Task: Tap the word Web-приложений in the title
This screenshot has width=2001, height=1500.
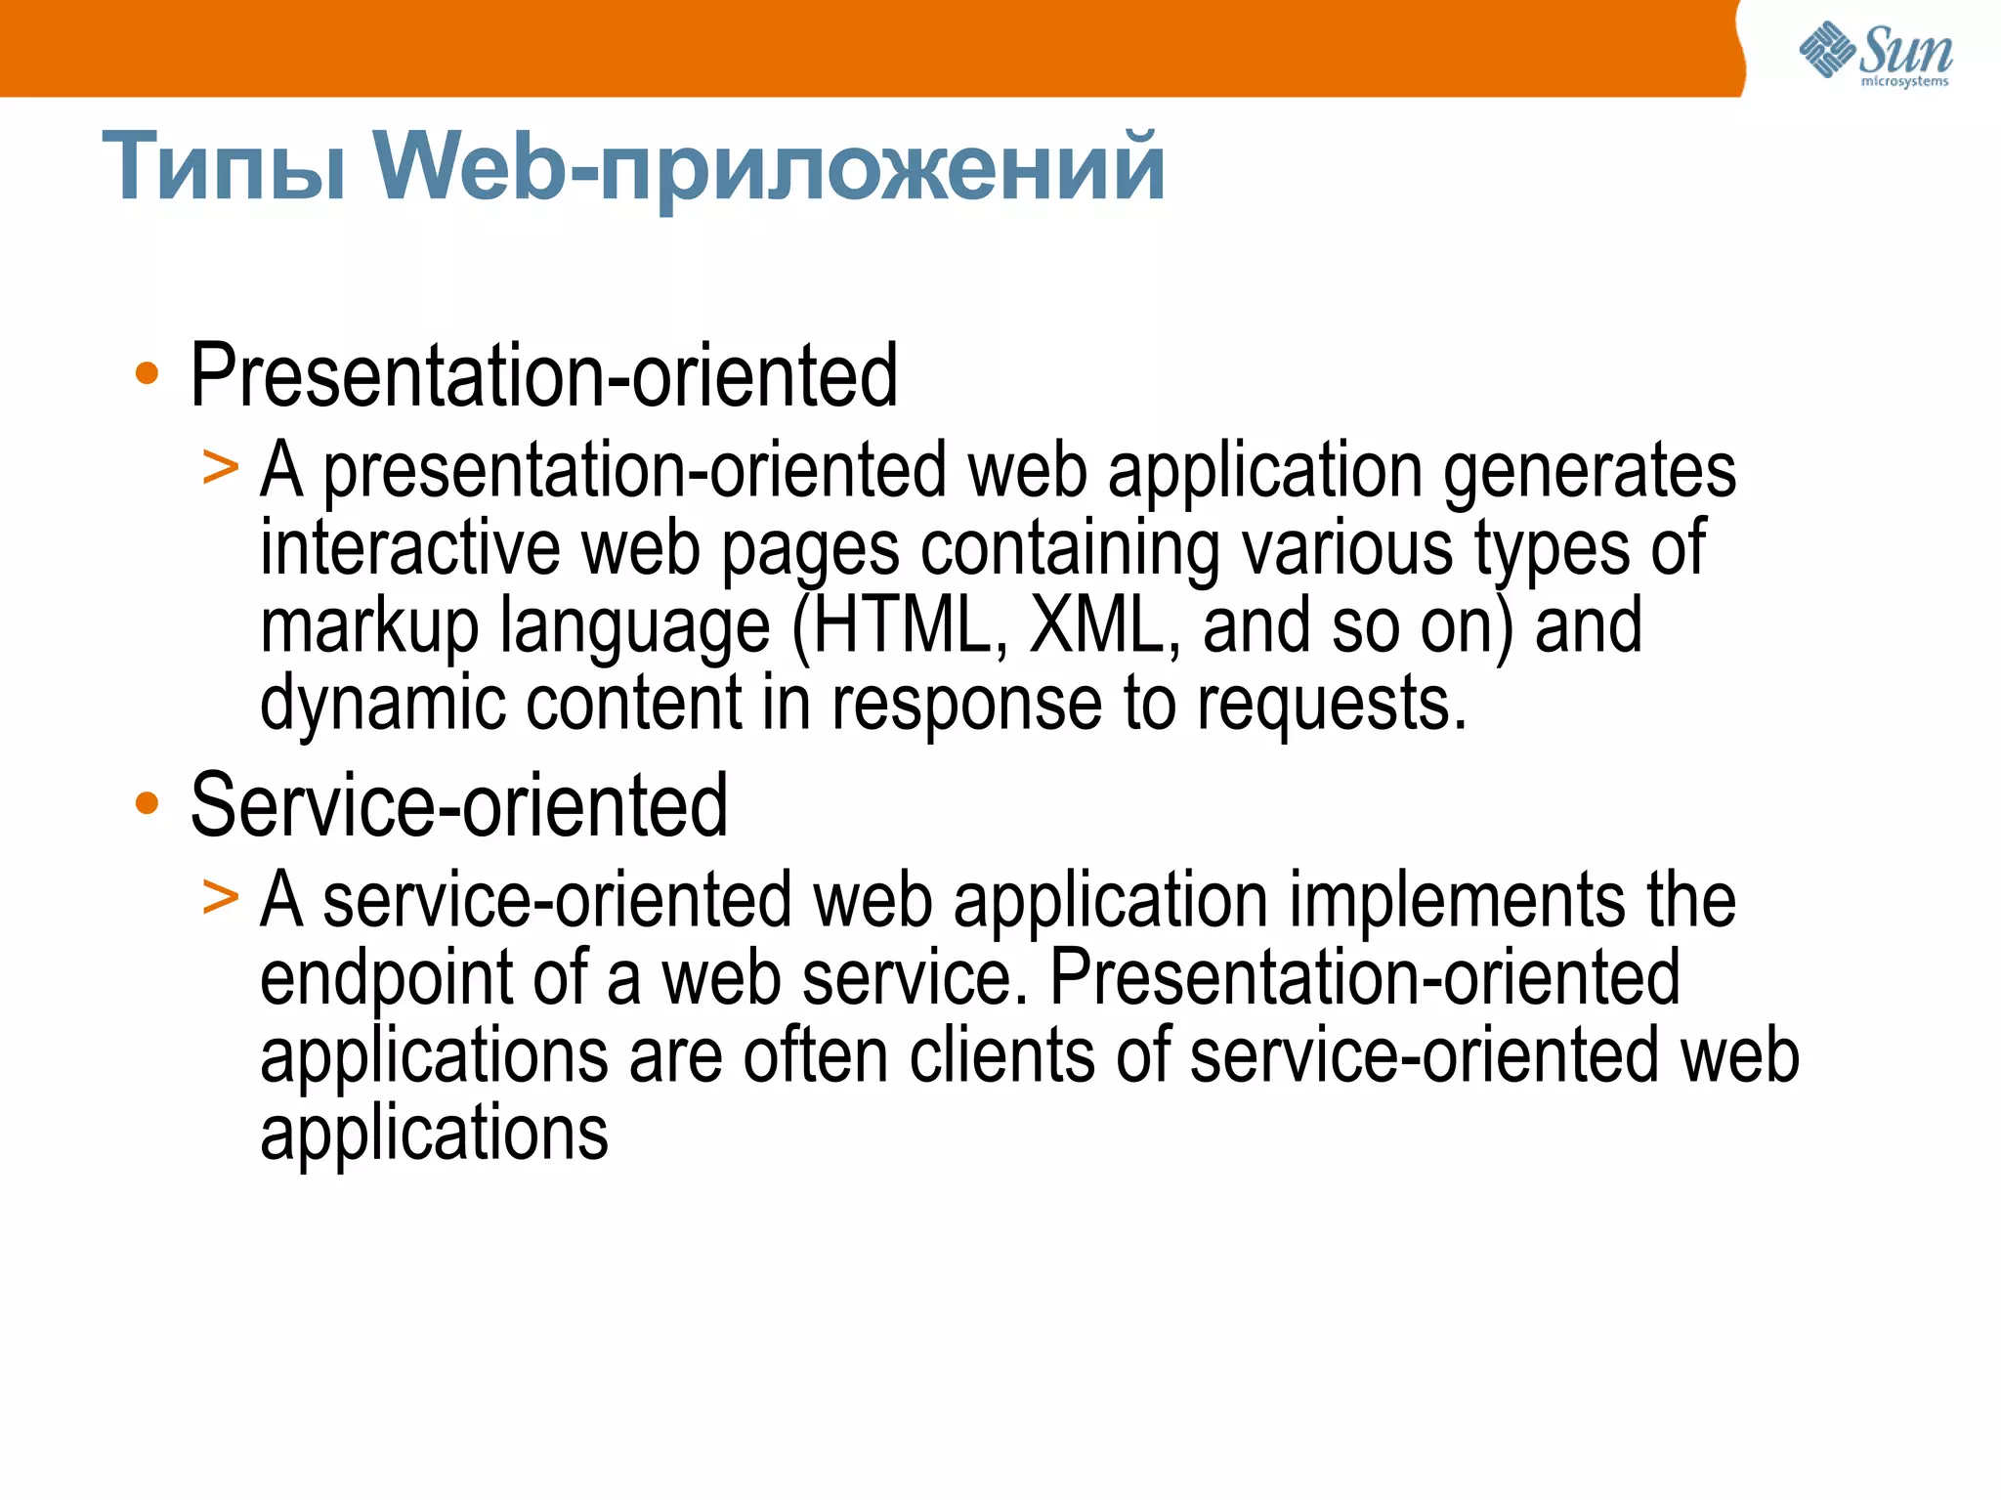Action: click(769, 168)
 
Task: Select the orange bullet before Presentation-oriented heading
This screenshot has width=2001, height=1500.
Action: click(147, 373)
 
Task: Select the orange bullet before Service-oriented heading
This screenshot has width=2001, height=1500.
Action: click(147, 803)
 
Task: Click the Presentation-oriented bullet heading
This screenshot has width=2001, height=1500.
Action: click(543, 375)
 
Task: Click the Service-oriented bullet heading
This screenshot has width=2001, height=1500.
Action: click(458, 805)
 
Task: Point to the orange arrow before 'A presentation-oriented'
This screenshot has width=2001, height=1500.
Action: click(220, 467)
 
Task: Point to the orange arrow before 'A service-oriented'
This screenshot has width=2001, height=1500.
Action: click(220, 896)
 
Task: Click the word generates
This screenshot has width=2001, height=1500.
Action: click(1589, 471)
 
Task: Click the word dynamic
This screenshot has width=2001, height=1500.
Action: click(381, 704)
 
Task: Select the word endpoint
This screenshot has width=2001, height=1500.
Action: click(386, 977)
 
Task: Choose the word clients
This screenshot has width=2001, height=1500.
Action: click(1002, 1055)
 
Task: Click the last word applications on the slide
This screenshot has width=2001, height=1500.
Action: click(434, 1134)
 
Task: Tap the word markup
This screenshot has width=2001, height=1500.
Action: click(368, 627)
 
